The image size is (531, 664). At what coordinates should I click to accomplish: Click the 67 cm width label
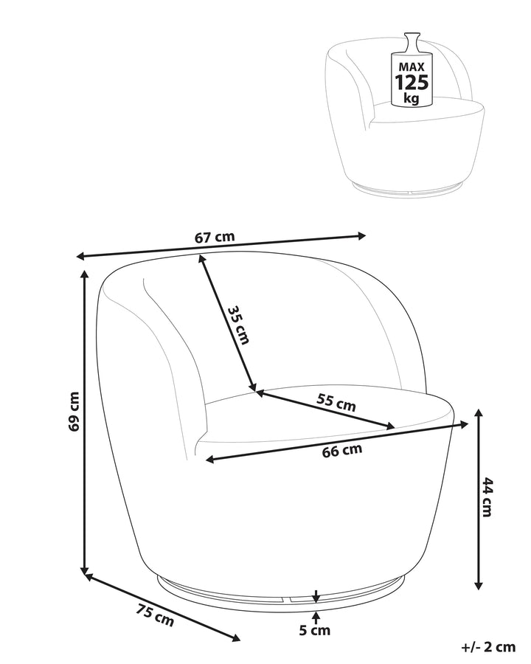tap(215, 237)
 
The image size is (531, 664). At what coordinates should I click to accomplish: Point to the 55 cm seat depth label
tap(336, 402)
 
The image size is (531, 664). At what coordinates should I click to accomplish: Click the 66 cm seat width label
tap(342, 450)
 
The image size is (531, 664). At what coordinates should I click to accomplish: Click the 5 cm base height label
tap(315, 631)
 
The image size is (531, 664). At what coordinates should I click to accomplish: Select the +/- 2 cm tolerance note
tap(488, 647)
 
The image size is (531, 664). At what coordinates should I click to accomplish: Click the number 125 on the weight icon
tap(412, 82)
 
